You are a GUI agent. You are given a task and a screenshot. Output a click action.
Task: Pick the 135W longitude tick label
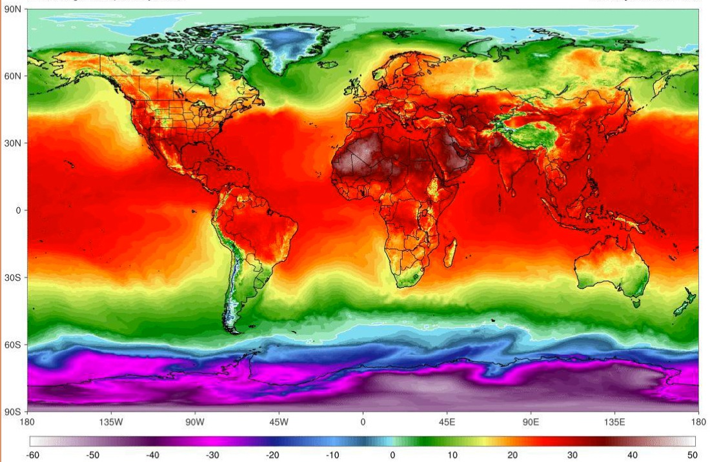click(111, 423)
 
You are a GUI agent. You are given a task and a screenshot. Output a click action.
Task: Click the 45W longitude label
click(279, 423)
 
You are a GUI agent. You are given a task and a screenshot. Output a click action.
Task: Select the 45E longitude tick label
click(447, 423)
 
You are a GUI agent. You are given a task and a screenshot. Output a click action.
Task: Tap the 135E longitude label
click(614, 423)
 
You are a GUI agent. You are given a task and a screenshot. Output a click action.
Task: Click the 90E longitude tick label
click(531, 423)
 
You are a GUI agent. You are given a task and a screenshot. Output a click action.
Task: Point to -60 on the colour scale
click(32, 456)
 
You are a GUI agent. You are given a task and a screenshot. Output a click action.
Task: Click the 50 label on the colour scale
click(692, 456)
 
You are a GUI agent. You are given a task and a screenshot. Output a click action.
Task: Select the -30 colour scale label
click(212, 456)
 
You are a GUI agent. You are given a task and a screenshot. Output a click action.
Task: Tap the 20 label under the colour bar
click(512, 456)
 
